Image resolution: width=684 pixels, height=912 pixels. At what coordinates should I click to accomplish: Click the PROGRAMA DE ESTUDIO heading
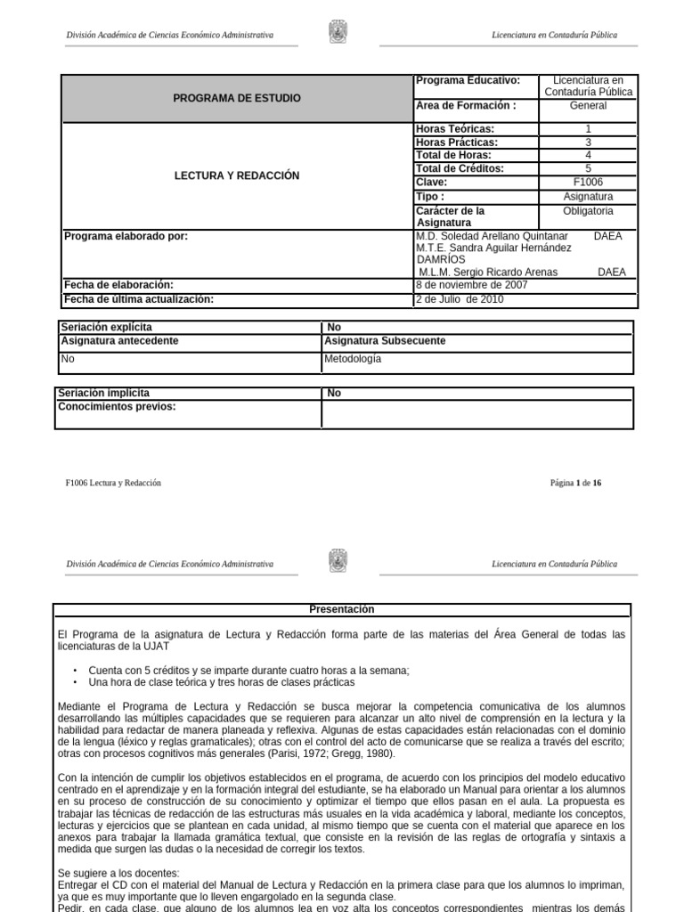tap(236, 98)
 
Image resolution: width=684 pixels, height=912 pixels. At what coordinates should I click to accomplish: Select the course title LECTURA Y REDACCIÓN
tap(236, 175)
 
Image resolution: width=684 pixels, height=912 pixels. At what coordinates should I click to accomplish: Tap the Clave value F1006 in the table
tap(588, 182)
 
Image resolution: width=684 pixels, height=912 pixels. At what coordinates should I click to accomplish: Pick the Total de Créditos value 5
tap(588, 168)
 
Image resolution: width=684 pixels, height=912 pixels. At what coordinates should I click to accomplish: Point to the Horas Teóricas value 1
tap(588, 129)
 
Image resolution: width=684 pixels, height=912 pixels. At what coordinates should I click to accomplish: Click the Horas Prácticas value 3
tap(588, 142)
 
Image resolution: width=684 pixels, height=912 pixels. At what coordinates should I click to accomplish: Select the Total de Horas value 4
tap(588, 155)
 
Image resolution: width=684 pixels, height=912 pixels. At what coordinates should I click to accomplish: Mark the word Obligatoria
tap(588, 211)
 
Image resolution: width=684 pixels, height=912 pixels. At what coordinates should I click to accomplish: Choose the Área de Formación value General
tap(588, 105)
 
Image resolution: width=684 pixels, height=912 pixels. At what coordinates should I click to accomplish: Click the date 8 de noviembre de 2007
tap(472, 285)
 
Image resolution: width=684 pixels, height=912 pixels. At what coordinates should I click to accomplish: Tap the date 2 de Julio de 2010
tap(460, 299)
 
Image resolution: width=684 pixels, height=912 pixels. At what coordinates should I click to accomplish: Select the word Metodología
tap(353, 359)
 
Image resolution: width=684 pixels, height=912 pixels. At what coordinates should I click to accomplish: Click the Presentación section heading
tap(342, 609)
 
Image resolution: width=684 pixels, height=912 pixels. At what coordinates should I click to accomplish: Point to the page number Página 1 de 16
tap(576, 483)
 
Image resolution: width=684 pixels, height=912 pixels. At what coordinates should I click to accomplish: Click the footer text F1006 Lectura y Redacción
tap(113, 483)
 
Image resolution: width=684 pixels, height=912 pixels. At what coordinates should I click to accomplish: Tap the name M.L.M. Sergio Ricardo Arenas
tap(488, 272)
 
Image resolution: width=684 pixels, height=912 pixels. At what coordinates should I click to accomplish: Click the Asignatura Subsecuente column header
tap(385, 340)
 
